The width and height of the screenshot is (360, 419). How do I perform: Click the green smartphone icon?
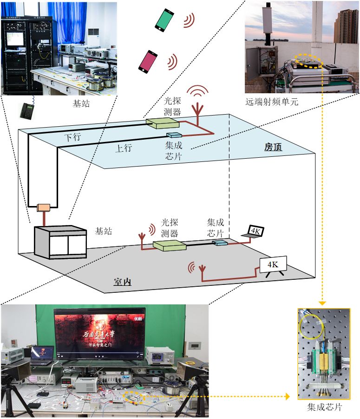pos(164,20)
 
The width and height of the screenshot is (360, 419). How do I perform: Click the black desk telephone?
pos(27,110)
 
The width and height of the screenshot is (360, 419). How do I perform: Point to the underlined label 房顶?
pos(274,147)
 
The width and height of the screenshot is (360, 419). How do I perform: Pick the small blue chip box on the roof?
pos(174,135)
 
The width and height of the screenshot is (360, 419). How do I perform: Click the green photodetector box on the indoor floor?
pos(168,246)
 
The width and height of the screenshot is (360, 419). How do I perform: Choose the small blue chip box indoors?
pos(219,243)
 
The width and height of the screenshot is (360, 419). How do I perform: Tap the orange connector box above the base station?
pos(44,206)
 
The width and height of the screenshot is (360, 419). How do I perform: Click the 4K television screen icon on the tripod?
pos(273,265)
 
